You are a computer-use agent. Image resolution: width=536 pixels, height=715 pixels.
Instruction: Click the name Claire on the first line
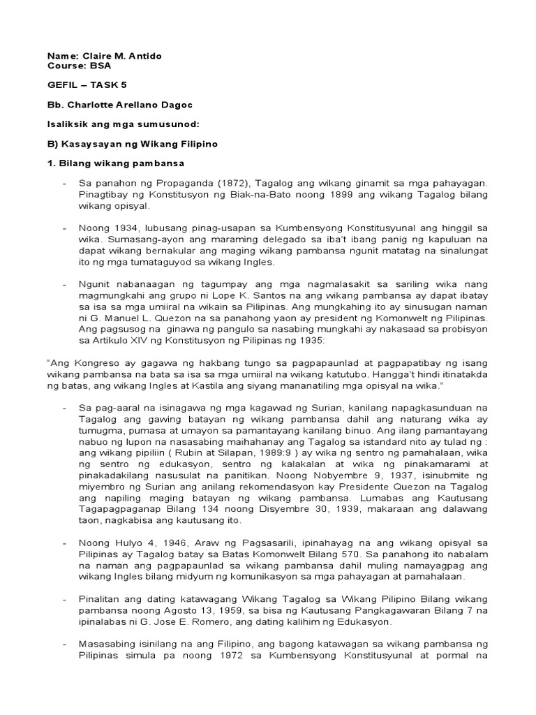pos(94,55)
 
